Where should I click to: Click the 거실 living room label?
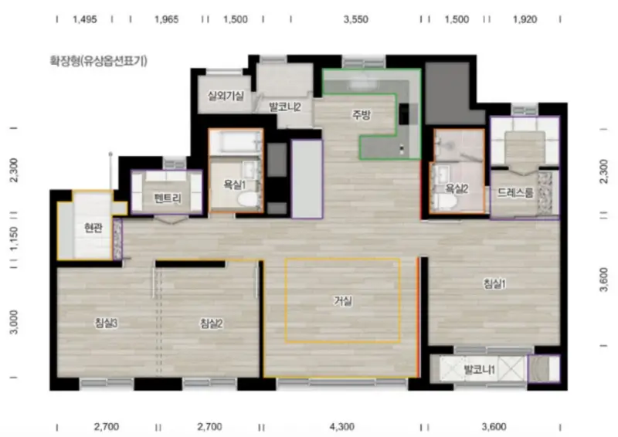point(342,301)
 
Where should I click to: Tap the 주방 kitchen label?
point(362,115)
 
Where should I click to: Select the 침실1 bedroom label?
point(494,283)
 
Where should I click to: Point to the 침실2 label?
point(211,324)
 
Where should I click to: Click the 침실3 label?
point(106,324)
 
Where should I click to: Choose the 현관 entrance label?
point(93,228)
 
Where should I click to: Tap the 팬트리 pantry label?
point(168,198)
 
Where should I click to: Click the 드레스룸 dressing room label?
point(515,192)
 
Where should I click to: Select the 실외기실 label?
point(226,96)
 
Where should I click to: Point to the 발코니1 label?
point(480,370)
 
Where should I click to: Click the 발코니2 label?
point(285,107)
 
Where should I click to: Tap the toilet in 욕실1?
point(247,199)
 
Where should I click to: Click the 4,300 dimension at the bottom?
point(341,427)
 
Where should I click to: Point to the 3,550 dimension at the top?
point(355,19)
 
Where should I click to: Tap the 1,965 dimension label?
point(166,19)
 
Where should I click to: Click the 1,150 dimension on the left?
point(14,239)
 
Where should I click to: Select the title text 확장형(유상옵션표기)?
point(99,61)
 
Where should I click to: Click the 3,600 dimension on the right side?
point(603,279)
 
